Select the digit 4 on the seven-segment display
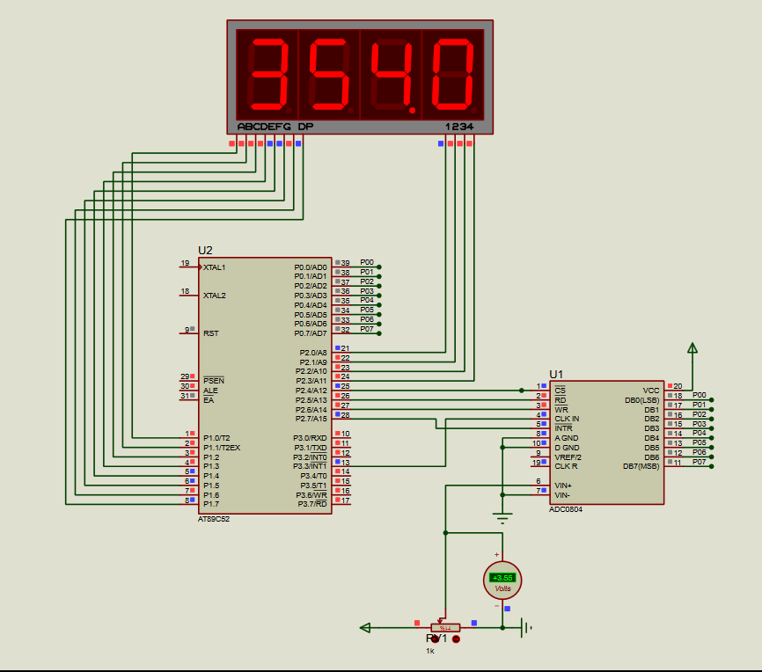pos(392,74)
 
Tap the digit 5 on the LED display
pos(329,74)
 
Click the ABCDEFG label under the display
pos(264,127)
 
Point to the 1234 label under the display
pos(459,127)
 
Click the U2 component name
pos(205,251)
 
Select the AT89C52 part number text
pos(215,518)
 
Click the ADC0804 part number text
pos(566,509)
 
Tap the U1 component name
pos(556,374)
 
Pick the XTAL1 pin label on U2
pos(215,267)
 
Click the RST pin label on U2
pos(211,333)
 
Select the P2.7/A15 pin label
pos(312,419)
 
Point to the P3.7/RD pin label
pos(312,503)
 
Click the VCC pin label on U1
pos(651,390)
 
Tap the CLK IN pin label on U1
pos(568,419)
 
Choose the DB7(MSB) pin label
pos(641,466)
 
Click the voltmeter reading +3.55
pos(502,577)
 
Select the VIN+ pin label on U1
pos(564,485)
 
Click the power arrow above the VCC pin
pos(692,349)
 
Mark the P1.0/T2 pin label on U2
pos(216,437)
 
